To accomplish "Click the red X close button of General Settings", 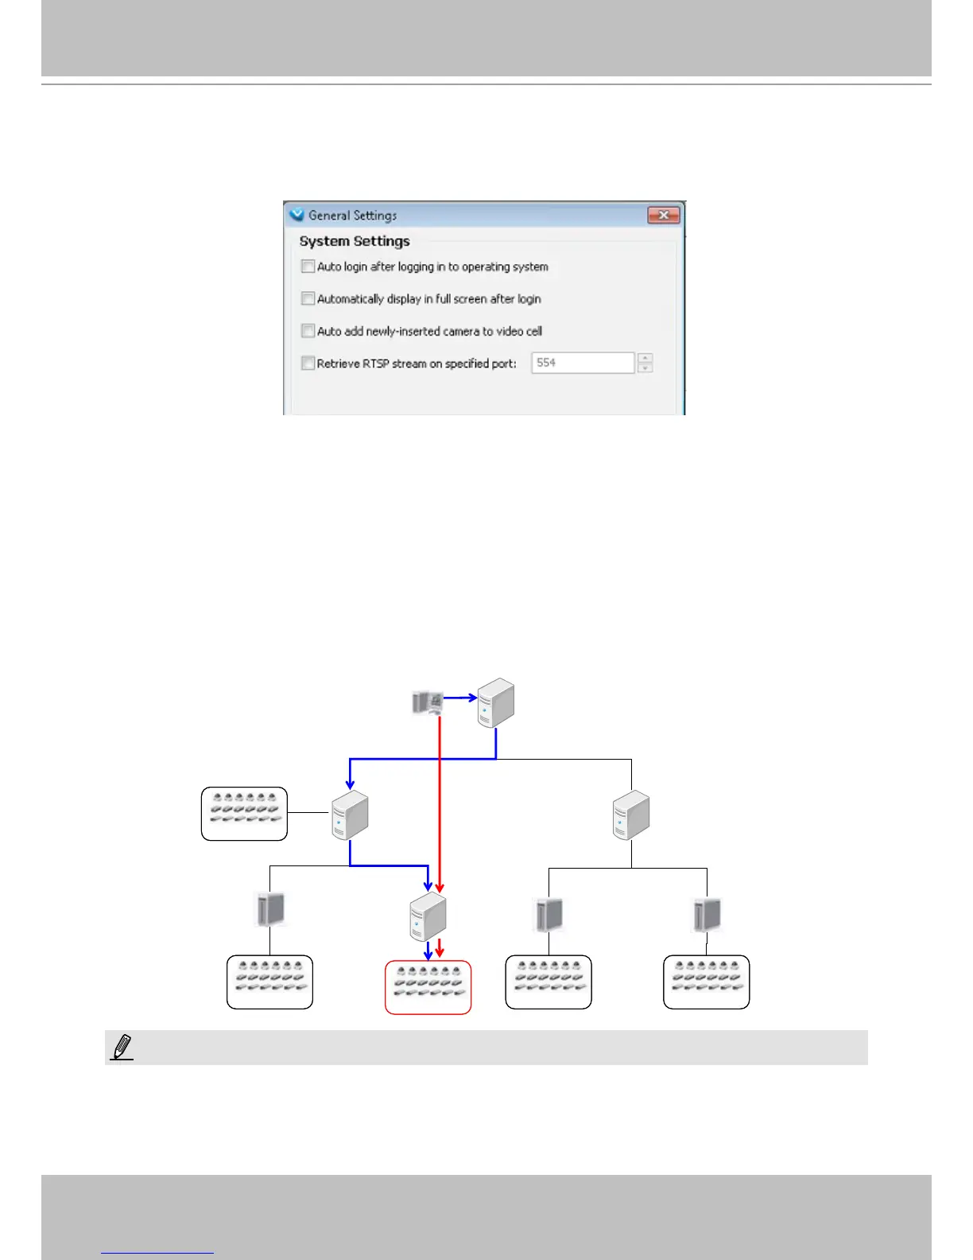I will (x=663, y=215).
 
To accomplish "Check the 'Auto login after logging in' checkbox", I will (x=308, y=266).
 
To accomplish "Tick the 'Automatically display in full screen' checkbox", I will (x=308, y=298).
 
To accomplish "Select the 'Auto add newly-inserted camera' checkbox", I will (x=308, y=331).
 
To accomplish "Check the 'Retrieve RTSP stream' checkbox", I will (x=308, y=363).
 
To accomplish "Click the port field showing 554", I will (x=582, y=363).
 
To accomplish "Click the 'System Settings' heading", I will (x=355, y=241).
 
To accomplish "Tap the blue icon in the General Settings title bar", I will (x=297, y=215).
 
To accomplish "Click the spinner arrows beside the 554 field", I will (x=645, y=363).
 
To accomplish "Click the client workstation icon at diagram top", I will (x=427, y=702).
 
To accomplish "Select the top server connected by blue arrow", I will (x=496, y=702).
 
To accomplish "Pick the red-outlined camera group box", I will (x=428, y=987).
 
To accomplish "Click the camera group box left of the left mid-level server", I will (x=244, y=814).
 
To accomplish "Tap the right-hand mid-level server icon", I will (x=631, y=815).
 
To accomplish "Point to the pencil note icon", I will (x=122, y=1048).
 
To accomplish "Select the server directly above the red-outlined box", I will (x=428, y=916).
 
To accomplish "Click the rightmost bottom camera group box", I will (x=706, y=982).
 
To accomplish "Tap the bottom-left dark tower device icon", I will (x=270, y=908).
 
